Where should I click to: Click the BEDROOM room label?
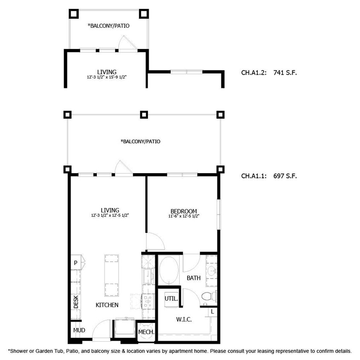click(183, 211)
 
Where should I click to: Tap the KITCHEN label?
click(107, 305)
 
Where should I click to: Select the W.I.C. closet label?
click(183, 319)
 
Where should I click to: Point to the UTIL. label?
click(171, 299)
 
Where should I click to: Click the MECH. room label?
click(146, 332)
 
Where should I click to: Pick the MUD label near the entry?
click(79, 330)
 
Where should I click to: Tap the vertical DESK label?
click(76, 302)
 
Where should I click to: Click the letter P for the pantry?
click(75, 263)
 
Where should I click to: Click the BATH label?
click(193, 278)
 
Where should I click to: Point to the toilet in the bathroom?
click(208, 296)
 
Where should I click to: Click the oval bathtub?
click(170, 271)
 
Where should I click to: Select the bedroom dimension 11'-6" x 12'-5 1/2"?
click(183, 217)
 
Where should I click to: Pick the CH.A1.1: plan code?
click(254, 176)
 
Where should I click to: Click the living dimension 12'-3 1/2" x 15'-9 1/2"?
click(107, 77)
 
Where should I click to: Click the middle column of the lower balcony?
click(144, 115)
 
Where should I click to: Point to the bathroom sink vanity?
click(212, 271)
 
